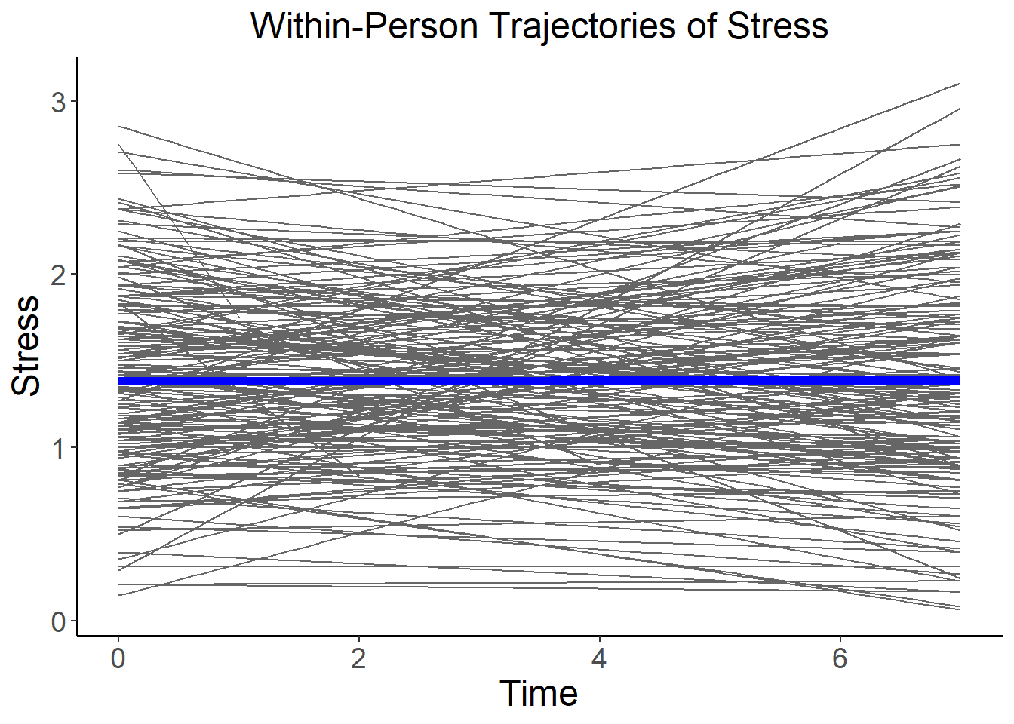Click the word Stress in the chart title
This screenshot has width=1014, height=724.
coord(777,26)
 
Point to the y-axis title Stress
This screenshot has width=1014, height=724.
coord(27,345)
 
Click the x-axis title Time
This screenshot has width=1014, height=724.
coord(539,693)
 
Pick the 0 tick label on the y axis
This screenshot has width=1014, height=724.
coord(58,622)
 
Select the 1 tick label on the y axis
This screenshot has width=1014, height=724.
coord(58,448)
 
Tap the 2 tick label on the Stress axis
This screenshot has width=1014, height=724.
coord(58,275)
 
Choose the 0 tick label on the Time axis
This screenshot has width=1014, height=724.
coord(118,659)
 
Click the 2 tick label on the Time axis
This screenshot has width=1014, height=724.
coord(358,659)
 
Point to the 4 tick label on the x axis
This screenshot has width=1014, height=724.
coord(599,659)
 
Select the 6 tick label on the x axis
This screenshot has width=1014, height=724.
coord(840,659)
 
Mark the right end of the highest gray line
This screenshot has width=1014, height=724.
coord(960,84)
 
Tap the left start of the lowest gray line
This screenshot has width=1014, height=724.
coord(119,595)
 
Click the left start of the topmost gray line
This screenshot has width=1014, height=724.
coord(119,127)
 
